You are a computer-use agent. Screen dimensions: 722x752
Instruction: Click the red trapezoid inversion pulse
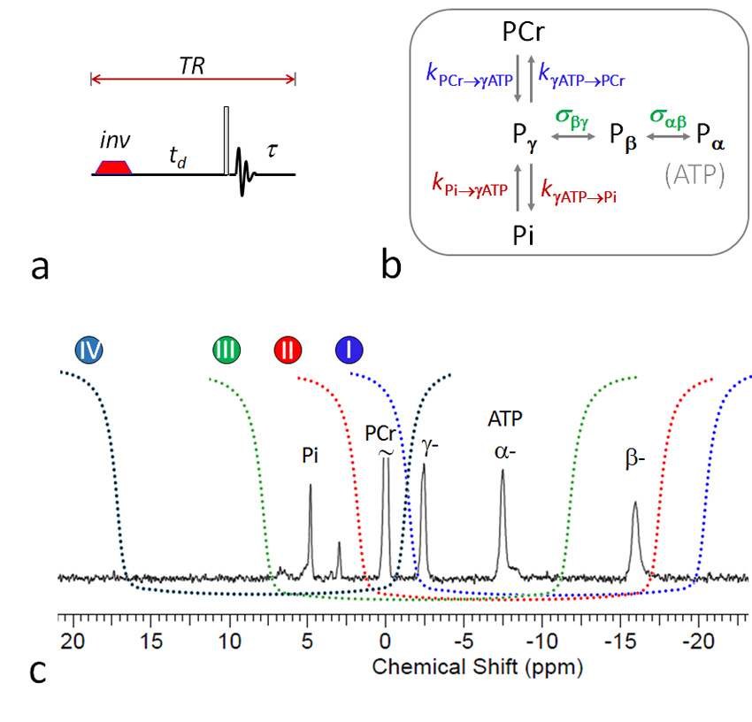tap(112, 167)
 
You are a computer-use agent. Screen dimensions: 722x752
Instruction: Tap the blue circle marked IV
tap(89, 350)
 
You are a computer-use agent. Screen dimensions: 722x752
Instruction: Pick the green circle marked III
tap(227, 350)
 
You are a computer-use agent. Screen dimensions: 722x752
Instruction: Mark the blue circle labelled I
tap(351, 350)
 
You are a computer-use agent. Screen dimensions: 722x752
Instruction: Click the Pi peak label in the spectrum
tap(309, 457)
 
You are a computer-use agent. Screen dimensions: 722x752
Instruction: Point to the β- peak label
tap(634, 461)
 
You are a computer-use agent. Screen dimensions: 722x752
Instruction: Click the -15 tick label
tap(620, 640)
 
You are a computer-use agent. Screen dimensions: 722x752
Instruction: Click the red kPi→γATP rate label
tap(471, 188)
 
